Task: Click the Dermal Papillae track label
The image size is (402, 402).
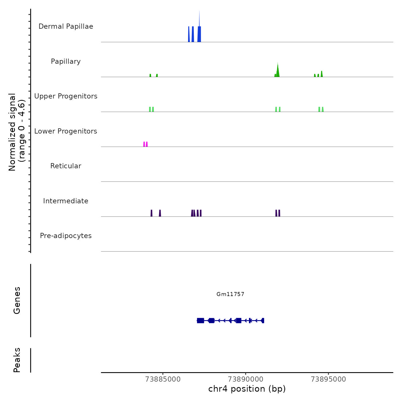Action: [x=66, y=26]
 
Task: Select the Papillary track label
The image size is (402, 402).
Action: [x=66, y=61]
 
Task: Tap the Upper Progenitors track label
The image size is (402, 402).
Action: [x=66, y=96]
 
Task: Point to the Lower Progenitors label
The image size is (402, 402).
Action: [x=66, y=131]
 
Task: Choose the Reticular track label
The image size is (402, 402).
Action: [x=66, y=166]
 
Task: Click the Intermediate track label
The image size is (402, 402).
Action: [x=66, y=201]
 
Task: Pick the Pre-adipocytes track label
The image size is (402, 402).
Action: [x=66, y=236]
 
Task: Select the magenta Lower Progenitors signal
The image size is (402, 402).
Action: [x=146, y=144]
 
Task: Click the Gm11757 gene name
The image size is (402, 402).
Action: [x=230, y=294]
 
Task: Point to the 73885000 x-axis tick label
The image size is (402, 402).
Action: [x=163, y=379]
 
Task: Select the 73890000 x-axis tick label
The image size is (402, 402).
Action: [x=246, y=379]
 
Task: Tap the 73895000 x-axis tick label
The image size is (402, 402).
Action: [x=328, y=379]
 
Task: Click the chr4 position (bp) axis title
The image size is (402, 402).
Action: [x=247, y=389]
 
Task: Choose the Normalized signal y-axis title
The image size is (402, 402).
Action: [x=17, y=132]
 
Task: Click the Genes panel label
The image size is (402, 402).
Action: [x=17, y=300]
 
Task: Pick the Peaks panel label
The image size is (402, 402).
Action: [x=17, y=360]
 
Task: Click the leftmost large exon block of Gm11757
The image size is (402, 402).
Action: [x=200, y=320]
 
